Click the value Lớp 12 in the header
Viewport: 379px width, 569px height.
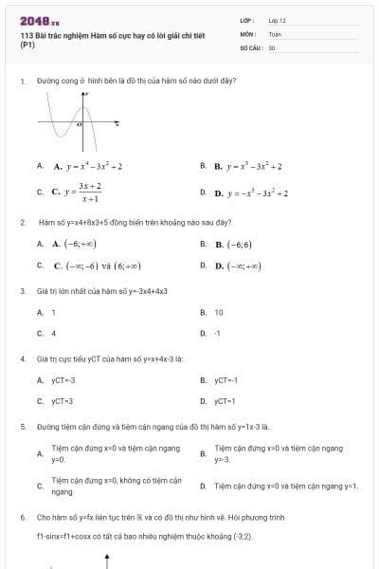277,19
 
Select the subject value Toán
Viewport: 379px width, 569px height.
275,32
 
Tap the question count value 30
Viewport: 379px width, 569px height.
272,46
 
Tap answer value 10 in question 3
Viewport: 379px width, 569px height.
219,312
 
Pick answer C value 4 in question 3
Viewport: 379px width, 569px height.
54,334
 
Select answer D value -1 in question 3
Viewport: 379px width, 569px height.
218,334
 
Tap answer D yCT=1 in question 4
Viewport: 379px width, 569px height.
225,401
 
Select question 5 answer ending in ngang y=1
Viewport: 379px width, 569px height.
285,486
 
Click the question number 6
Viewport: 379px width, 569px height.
22,519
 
